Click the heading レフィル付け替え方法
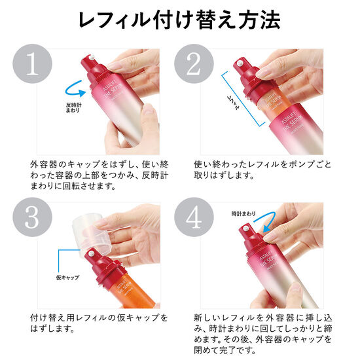[179, 20]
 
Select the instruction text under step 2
[262, 170]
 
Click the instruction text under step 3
[98, 323]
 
